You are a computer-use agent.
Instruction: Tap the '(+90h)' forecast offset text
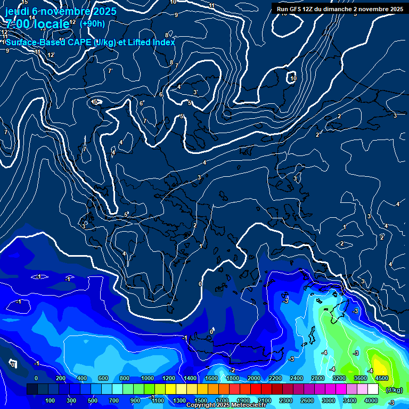(x=92, y=23)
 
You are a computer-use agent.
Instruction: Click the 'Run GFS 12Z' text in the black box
(x=295, y=9)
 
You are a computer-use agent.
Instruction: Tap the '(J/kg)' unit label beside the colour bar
(x=394, y=390)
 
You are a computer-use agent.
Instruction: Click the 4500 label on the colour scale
(x=382, y=378)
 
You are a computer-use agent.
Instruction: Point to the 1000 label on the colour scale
(x=148, y=378)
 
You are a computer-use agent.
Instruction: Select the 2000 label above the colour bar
(x=254, y=378)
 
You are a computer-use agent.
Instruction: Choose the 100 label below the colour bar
(x=50, y=400)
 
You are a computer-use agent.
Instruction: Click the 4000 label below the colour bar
(x=371, y=400)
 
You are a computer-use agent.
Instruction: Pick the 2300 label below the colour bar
(x=286, y=400)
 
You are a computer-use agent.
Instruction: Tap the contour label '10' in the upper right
(x=293, y=78)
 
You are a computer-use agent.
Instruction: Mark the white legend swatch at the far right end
(x=373, y=390)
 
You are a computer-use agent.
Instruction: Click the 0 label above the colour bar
(x=36, y=378)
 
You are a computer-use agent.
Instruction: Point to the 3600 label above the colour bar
(x=361, y=378)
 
